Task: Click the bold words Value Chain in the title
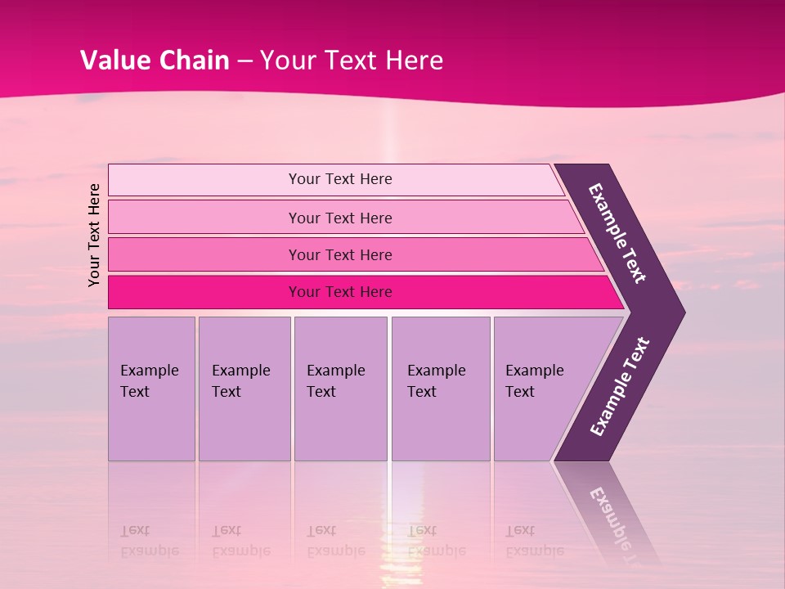click(x=155, y=61)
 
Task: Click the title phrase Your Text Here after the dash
click(x=352, y=61)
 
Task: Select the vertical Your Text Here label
click(x=95, y=235)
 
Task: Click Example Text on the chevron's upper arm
click(x=617, y=233)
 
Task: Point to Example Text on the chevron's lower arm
click(x=620, y=387)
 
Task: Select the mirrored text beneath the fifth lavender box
click(x=534, y=541)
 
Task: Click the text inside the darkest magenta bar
click(x=340, y=292)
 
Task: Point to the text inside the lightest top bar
click(x=340, y=179)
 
